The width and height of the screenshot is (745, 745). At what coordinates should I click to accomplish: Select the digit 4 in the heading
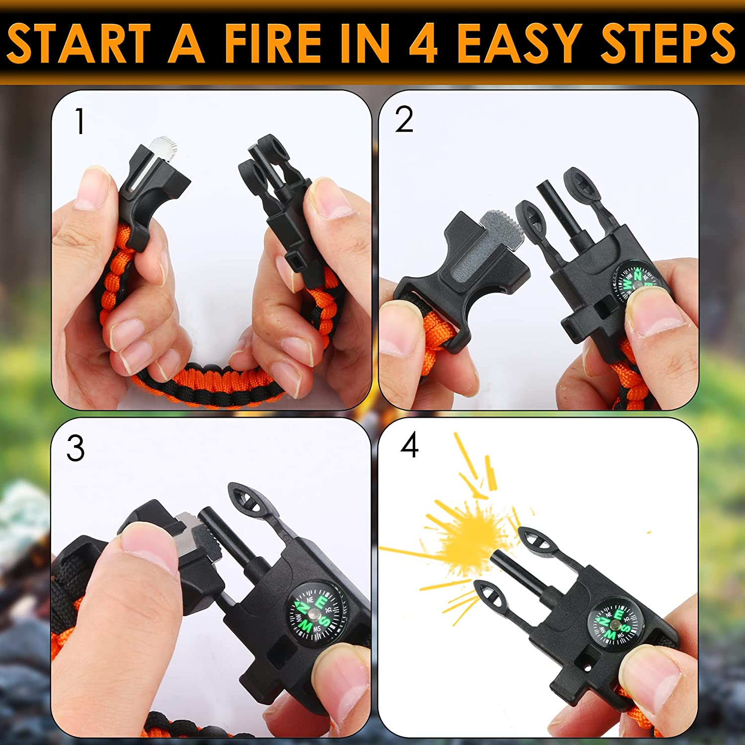(x=423, y=44)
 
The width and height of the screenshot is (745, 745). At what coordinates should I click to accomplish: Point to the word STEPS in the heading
(x=668, y=44)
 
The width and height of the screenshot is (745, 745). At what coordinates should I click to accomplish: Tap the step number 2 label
(x=404, y=120)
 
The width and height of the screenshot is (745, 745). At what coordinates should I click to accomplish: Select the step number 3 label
(x=75, y=448)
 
